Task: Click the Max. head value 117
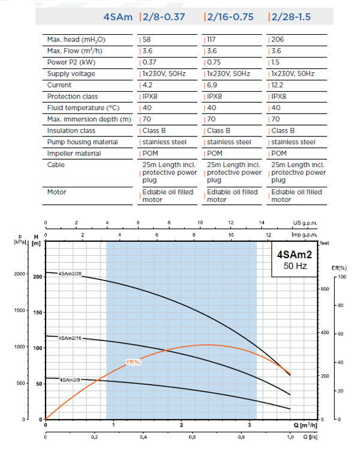tap(211, 40)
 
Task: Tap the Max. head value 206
tap(277, 40)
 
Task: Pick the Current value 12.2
tap(278, 85)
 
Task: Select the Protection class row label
tap(73, 97)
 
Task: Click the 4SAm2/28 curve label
tap(70, 274)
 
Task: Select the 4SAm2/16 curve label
tap(70, 338)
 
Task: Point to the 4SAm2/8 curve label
tap(69, 379)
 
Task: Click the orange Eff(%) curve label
tap(133, 362)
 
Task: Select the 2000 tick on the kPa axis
tap(20, 274)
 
